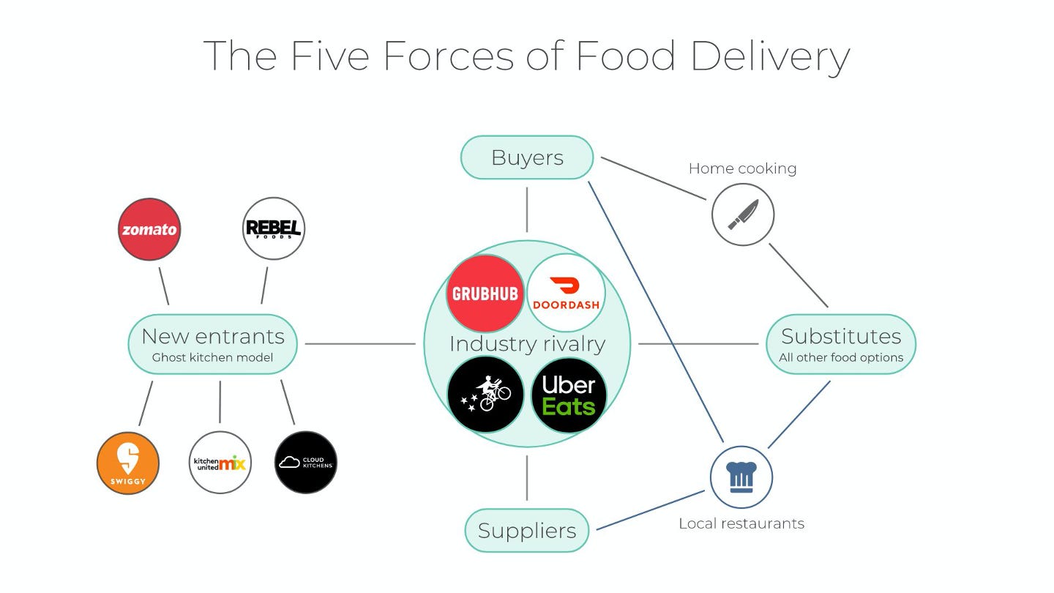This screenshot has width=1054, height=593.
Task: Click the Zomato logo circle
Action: [x=149, y=229]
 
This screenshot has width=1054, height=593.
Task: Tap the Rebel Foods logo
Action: [x=273, y=228]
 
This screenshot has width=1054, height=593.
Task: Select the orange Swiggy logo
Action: [x=128, y=463]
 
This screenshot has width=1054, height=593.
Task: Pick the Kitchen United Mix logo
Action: [x=220, y=463]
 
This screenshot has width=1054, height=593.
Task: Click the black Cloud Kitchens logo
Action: [x=306, y=463]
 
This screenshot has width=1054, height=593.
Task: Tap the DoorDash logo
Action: [x=566, y=292]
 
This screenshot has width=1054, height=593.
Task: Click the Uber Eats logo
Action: [x=569, y=395]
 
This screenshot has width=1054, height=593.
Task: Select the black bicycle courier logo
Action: [x=485, y=395]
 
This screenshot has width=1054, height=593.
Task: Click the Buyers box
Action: [x=526, y=157]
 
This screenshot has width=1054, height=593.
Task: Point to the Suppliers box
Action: [x=527, y=531]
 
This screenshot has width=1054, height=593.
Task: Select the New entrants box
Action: [x=213, y=344]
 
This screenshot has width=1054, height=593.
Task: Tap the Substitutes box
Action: [x=841, y=344]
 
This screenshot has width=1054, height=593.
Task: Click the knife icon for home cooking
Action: [x=743, y=215]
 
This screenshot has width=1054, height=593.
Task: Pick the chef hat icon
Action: [x=741, y=477]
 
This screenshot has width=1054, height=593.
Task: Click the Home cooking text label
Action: [x=742, y=168]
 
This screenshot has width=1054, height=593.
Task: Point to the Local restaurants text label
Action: [x=741, y=523]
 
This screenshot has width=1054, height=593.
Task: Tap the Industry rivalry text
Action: [x=527, y=344]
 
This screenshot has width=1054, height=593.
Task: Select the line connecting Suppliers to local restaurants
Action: [x=651, y=510]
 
